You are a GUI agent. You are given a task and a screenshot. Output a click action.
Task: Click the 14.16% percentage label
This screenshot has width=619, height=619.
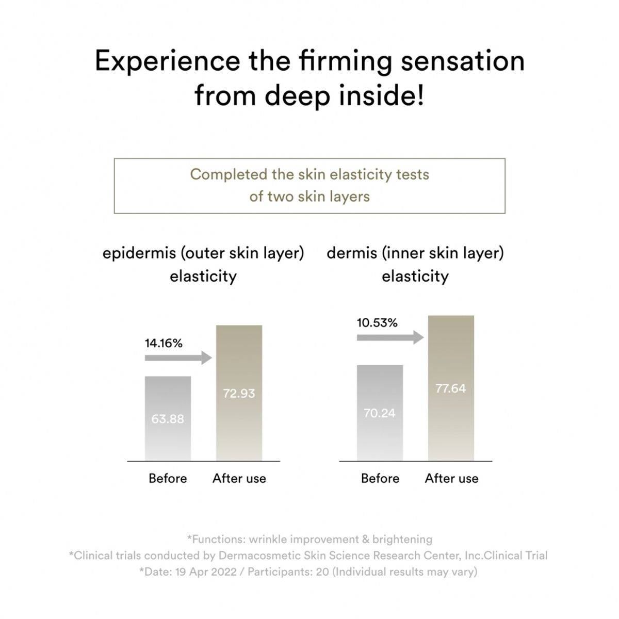click(164, 343)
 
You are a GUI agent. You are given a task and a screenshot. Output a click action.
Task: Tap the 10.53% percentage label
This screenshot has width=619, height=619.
click(377, 323)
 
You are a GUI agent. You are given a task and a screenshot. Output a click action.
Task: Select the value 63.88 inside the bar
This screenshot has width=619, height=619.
click(168, 419)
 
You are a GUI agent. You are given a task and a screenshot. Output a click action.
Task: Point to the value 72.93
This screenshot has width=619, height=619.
click(239, 393)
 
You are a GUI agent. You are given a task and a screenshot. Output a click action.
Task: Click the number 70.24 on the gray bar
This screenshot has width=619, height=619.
click(379, 413)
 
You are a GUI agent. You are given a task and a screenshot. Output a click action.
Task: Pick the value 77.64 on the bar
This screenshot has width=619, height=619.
click(451, 388)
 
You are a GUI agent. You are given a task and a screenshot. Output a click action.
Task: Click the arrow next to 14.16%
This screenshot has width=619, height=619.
click(178, 357)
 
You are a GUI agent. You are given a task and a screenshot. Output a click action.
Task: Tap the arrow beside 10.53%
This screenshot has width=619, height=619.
click(390, 338)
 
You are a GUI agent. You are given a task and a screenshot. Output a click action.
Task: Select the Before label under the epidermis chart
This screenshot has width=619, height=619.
click(168, 478)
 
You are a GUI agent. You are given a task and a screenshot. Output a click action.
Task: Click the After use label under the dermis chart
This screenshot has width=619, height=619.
click(451, 478)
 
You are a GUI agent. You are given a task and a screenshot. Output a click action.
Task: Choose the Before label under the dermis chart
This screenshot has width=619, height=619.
click(380, 478)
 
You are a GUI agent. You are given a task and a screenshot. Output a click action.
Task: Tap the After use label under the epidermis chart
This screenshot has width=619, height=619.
click(239, 478)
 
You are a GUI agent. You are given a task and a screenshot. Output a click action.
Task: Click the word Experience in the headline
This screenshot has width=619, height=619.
click(168, 61)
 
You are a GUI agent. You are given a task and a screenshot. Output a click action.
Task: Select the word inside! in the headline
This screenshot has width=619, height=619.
click(382, 96)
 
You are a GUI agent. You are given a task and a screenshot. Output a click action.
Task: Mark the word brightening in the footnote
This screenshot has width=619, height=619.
click(402, 539)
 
